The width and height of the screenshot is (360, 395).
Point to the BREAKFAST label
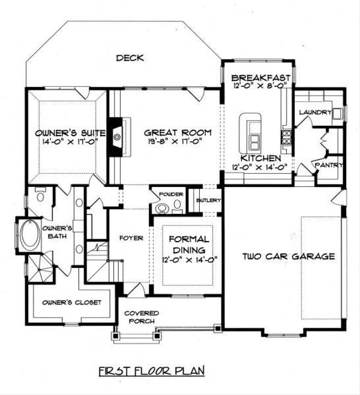260,77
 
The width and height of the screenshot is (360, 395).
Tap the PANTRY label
329,165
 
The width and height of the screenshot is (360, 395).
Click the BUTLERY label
209,200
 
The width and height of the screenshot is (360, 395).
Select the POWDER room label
170,194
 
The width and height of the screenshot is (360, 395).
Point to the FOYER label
131,238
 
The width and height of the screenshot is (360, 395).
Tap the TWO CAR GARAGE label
288,257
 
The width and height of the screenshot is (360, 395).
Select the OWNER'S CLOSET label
71,302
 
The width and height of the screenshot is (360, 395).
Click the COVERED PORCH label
142,317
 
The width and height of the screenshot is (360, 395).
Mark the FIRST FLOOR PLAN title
152,370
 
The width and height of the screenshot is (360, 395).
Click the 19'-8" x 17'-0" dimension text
171,142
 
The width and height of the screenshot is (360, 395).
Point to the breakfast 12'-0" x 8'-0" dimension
260,86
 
